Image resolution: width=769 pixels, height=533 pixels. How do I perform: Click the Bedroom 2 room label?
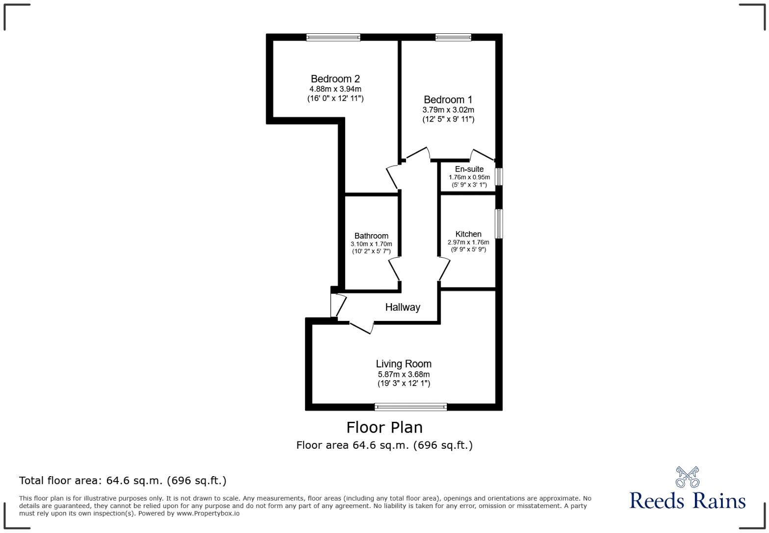click(335, 79)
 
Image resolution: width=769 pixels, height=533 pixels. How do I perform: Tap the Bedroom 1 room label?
click(448, 100)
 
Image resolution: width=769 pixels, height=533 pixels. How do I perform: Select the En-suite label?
click(469, 169)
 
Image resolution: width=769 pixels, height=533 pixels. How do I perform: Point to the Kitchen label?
click(468, 234)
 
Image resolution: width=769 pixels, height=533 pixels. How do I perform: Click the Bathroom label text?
click(371, 236)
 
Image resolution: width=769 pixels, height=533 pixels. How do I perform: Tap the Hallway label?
click(403, 307)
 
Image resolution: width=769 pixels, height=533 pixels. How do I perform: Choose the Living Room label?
click(404, 364)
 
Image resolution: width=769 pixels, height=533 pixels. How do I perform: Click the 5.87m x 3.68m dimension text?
click(404, 374)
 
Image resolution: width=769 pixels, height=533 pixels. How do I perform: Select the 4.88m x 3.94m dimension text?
click(335, 89)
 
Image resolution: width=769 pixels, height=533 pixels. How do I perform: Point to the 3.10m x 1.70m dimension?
click(371, 244)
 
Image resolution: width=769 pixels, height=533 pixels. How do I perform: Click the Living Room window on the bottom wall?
click(410, 407)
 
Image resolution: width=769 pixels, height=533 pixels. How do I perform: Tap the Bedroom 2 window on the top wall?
click(333, 37)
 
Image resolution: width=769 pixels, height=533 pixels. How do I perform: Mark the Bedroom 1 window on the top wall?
click(453, 37)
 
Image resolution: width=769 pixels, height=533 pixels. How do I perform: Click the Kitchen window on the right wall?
click(499, 224)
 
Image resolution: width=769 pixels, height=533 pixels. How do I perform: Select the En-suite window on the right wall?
click(499, 177)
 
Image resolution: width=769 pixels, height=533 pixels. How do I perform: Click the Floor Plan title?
click(384, 428)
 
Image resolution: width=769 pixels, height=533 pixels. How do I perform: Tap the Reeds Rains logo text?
click(687, 501)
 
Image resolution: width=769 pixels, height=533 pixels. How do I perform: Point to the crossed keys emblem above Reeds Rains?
click(687, 477)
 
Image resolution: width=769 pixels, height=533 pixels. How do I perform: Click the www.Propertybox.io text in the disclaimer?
click(208, 513)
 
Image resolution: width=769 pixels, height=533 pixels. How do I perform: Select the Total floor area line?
click(123, 481)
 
